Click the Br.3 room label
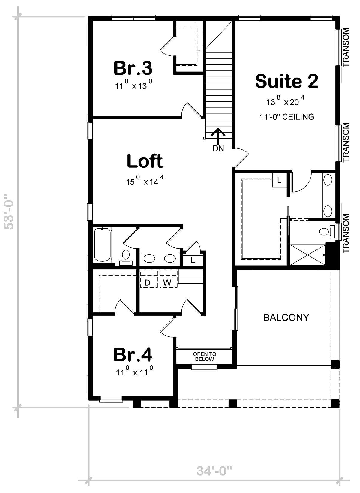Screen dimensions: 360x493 [x=133, y=68]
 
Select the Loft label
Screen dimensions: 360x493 [x=145, y=161]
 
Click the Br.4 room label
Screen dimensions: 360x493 [x=133, y=355]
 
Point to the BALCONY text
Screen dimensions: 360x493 [x=286, y=317]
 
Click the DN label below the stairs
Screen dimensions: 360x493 [x=218, y=148]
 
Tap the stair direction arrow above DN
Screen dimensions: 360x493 [x=218, y=136]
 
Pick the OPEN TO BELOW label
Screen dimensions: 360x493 [x=205, y=357]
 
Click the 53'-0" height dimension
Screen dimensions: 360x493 [x=9, y=212]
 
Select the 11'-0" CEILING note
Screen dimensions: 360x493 [x=287, y=117]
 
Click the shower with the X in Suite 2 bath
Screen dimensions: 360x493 [x=308, y=254]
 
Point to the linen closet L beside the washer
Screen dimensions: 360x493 [x=193, y=261]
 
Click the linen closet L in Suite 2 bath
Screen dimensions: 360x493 [x=279, y=181]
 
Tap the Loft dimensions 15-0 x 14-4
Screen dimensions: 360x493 [x=145, y=181]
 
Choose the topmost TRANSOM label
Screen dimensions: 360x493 [x=346, y=47]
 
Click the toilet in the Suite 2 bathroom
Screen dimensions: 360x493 [x=326, y=232]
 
